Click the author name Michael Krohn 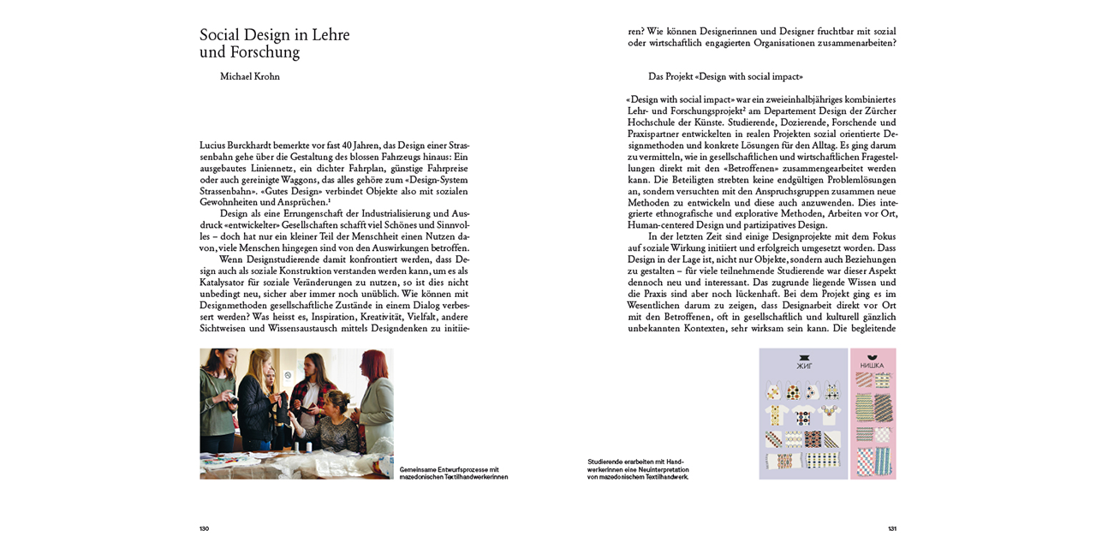pyautogui.click(x=249, y=77)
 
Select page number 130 pyautogui.click(x=204, y=528)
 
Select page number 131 pyautogui.click(x=891, y=528)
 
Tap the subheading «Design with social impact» pyautogui.click(x=725, y=77)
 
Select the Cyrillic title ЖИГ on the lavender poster pyautogui.click(x=803, y=366)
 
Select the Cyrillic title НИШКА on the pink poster pyautogui.click(x=873, y=366)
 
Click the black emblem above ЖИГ pyautogui.click(x=803, y=357)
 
